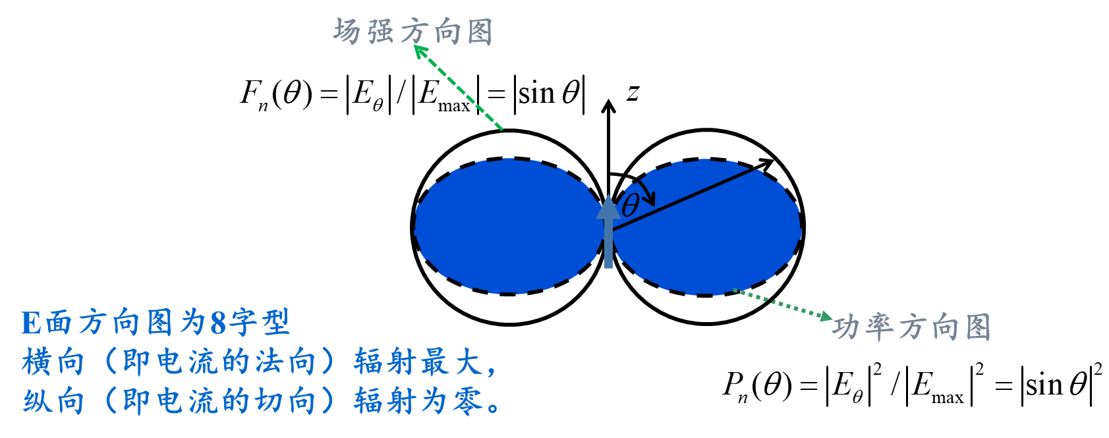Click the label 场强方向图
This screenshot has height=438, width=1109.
tap(412, 31)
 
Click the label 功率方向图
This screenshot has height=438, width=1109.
tap(912, 327)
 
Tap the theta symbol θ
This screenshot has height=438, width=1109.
tap(629, 205)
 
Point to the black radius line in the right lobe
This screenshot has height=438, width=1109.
tap(685, 198)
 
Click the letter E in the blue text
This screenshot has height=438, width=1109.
tap(31, 323)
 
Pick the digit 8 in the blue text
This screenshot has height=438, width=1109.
tap(218, 323)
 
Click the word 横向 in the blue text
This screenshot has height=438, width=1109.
tap(53, 362)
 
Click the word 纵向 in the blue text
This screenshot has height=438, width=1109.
tap(53, 401)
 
